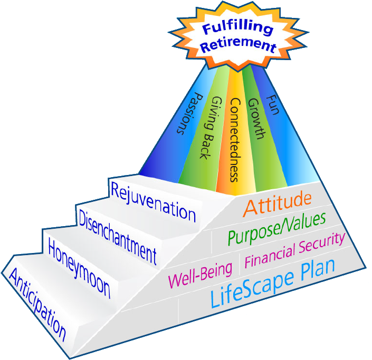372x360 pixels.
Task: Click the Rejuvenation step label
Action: tap(153, 201)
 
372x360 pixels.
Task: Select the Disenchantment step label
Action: tap(117, 235)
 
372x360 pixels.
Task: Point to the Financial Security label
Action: tap(295, 250)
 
